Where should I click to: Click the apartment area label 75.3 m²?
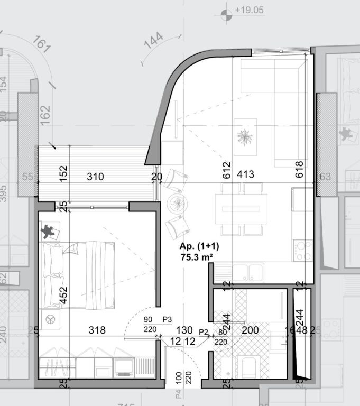[x=197, y=257]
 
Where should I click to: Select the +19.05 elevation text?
[x=249, y=10]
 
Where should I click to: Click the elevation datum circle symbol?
[x=227, y=15]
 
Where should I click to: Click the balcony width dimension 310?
[x=95, y=177]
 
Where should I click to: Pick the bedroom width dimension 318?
[x=97, y=330]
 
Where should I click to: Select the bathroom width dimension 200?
[x=250, y=330]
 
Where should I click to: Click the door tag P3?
[x=168, y=319]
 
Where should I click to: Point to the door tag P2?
[x=204, y=331]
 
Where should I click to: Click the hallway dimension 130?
[x=184, y=330]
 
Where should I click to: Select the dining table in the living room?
[x=241, y=208]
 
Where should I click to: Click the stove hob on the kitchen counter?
[x=303, y=250]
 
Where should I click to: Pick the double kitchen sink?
[x=248, y=273]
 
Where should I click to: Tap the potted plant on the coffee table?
[x=245, y=136]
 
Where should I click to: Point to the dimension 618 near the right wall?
[x=300, y=169]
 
